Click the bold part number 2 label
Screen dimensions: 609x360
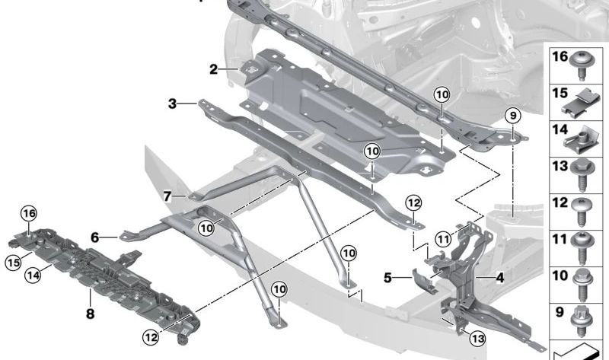pyautogui.click(x=214, y=69)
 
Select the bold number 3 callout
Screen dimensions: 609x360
pyautogui.click(x=173, y=104)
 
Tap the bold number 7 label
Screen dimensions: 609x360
pyautogui.click(x=167, y=196)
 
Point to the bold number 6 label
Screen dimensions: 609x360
pyautogui.click(x=94, y=237)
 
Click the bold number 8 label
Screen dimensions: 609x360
pyautogui.click(x=90, y=313)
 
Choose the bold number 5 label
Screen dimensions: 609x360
pyautogui.click(x=387, y=278)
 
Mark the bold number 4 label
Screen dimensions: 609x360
pyautogui.click(x=500, y=278)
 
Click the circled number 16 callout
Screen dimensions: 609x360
pyautogui.click(x=29, y=213)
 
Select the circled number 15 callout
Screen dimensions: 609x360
pyautogui.click(x=14, y=263)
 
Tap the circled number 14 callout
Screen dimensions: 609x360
pyautogui.click(x=33, y=276)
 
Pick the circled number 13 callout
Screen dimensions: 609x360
pyautogui.click(x=477, y=339)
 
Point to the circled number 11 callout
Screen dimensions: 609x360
pyautogui.click(x=443, y=239)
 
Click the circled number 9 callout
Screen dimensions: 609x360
pyautogui.click(x=513, y=116)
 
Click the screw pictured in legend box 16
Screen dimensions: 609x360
pyautogui.click(x=582, y=66)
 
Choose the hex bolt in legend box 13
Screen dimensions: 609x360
pyautogui.click(x=582, y=175)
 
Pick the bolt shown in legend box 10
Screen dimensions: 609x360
pyautogui.click(x=582, y=285)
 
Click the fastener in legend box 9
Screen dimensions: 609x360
pyautogui.click(x=582, y=321)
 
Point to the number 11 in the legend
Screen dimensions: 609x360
pyautogui.click(x=560, y=239)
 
